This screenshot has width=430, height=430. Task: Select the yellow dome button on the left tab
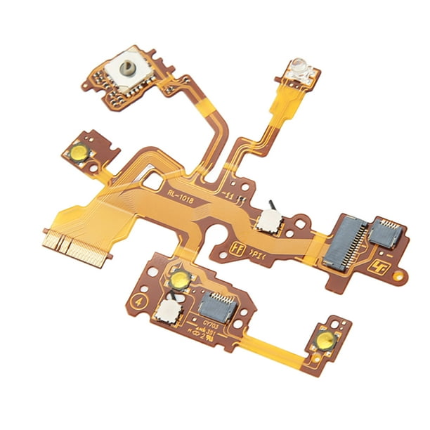coord(77,150)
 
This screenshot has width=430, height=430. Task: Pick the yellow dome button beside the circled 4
coord(181,279)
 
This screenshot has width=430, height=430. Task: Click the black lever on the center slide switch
coord(270,206)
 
